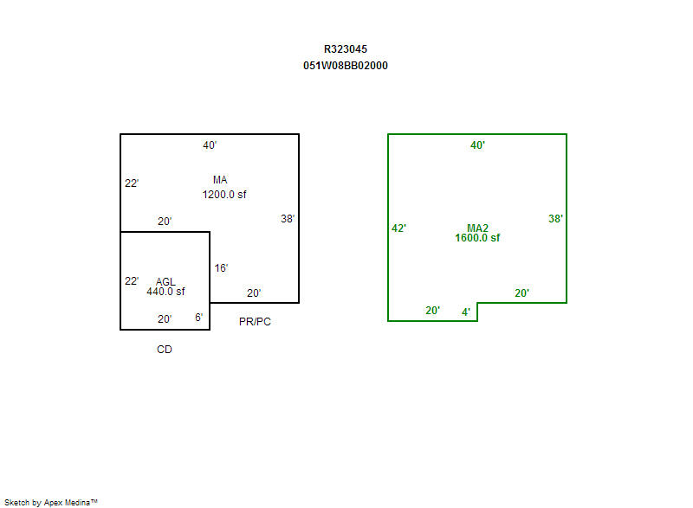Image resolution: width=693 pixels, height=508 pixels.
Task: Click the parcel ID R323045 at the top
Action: point(345,49)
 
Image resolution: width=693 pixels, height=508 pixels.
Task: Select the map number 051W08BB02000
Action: point(345,66)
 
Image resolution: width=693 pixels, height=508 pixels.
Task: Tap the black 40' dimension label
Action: point(210,145)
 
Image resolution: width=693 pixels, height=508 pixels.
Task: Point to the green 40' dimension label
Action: point(477,145)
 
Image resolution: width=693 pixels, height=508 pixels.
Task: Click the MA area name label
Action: point(220,180)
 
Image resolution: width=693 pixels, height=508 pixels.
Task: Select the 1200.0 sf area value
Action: point(224,195)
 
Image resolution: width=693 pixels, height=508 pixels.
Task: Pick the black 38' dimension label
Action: point(288,218)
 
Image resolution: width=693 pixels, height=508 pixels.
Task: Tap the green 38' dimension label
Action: point(555,218)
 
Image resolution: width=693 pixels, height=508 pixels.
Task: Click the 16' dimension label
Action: point(221,268)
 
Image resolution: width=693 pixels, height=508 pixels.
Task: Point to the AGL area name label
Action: point(165,281)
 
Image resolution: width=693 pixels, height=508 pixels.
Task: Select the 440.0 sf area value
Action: point(165,292)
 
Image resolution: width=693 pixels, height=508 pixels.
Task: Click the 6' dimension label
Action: point(199,318)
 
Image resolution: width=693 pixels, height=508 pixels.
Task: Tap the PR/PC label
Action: point(255,322)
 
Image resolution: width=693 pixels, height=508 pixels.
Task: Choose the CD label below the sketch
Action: point(165,350)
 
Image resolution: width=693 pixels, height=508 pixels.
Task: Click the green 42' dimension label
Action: point(398,228)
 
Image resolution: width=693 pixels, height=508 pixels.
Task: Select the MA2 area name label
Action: point(477,228)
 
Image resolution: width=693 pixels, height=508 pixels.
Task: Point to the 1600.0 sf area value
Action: point(477,238)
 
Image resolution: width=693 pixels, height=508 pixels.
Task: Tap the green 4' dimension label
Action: point(466,312)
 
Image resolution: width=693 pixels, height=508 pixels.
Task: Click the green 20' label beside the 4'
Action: point(432,311)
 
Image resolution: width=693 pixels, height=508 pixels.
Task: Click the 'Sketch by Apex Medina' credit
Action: point(51,502)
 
